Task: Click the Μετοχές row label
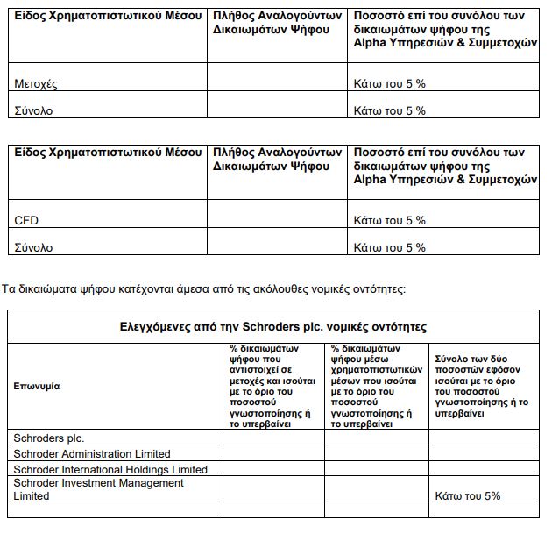point(36,84)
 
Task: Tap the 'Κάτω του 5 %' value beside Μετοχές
point(389,84)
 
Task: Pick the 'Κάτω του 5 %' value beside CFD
point(389,221)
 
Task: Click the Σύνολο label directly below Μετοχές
point(33,111)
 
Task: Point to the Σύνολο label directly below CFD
point(33,248)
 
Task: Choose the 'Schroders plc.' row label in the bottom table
point(49,438)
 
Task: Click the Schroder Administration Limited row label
point(92,454)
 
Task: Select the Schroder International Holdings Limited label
point(110,470)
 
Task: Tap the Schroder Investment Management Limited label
point(98,489)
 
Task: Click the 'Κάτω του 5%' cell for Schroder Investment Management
point(467,496)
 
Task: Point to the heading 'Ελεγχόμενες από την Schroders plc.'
point(273,327)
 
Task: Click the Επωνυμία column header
point(38,387)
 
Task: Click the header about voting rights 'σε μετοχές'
point(272,386)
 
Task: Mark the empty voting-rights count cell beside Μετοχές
point(277,84)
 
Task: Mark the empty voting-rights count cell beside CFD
point(277,221)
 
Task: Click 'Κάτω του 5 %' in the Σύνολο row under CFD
point(389,248)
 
